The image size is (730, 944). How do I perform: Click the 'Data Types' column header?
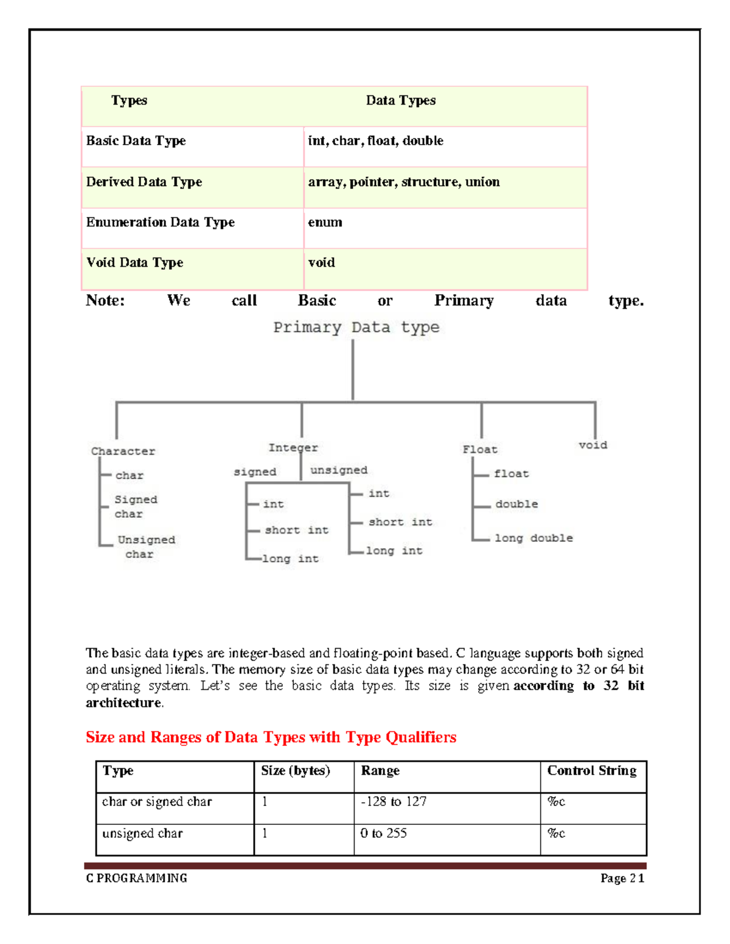click(x=400, y=101)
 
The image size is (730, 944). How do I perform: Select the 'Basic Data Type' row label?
click(x=136, y=141)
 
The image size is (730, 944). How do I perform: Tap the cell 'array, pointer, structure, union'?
click(x=403, y=182)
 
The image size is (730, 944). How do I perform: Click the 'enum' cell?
click(x=325, y=222)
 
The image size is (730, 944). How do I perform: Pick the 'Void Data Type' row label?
click(x=134, y=263)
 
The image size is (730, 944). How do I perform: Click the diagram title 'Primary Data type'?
click(x=356, y=328)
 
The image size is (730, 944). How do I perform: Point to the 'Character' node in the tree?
click(x=123, y=451)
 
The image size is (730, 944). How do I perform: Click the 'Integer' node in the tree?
click(x=293, y=447)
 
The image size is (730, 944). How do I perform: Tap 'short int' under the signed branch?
click(x=296, y=530)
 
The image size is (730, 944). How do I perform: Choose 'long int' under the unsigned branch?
click(x=394, y=551)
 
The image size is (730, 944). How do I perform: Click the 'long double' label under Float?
click(x=534, y=538)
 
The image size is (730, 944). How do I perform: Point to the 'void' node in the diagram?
click(x=593, y=445)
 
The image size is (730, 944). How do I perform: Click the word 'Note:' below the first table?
click(x=105, y=301)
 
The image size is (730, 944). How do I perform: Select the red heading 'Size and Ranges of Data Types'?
click(x=271, y=737)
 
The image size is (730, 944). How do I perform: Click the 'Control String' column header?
click(x=591, y=771)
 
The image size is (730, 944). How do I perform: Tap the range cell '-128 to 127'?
click(x=394, y=802)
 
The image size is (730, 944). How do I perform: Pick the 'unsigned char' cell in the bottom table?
click(x=142, y=833)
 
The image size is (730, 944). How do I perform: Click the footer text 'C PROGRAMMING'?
click(x=136, y=878)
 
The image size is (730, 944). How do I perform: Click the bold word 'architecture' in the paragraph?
click(x=123, y=703)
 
